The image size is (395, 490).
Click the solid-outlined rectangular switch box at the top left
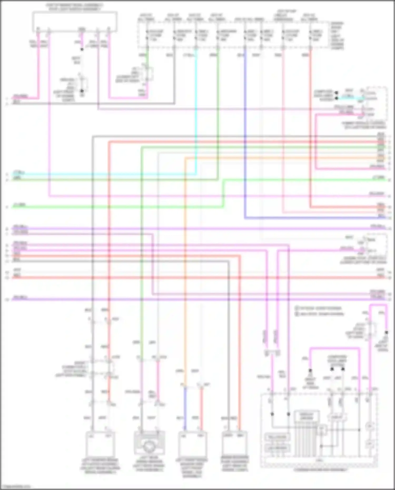tap(75, 22)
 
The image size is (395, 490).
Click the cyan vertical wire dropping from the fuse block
tap(196, 111)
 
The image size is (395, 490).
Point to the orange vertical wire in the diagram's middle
tap(185, 263)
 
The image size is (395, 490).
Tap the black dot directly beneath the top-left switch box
tap(82, 49)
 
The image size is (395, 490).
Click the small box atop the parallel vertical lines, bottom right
tap(307, 416)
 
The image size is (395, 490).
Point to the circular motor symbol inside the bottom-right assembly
tap(370, 426)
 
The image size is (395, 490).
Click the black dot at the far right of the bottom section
tap(387, 332)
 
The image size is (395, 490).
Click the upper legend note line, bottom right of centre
tap(318, 308)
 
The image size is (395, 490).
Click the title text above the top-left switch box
tap(75, 7)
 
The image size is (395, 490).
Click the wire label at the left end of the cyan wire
tap(18, 173)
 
